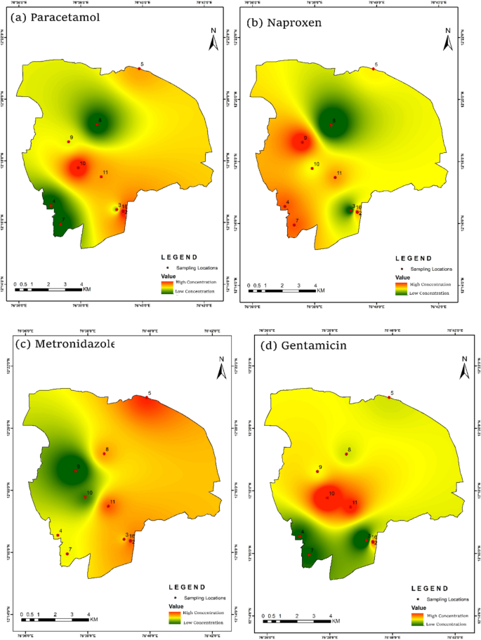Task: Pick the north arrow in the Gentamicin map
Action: [x=464, y=366]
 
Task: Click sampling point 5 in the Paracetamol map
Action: [x=138, y=68]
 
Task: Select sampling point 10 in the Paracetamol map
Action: [x=78, y=168]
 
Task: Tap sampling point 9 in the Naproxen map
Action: [x=303, y=142]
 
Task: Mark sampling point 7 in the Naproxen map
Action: [x=294, y=225]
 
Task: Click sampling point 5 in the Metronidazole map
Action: [x=147, y=397]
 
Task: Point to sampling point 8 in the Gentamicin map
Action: [x=346, y=454]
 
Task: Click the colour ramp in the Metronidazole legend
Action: [x=174, y=617]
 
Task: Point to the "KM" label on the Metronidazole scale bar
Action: [x=93, y=620]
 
